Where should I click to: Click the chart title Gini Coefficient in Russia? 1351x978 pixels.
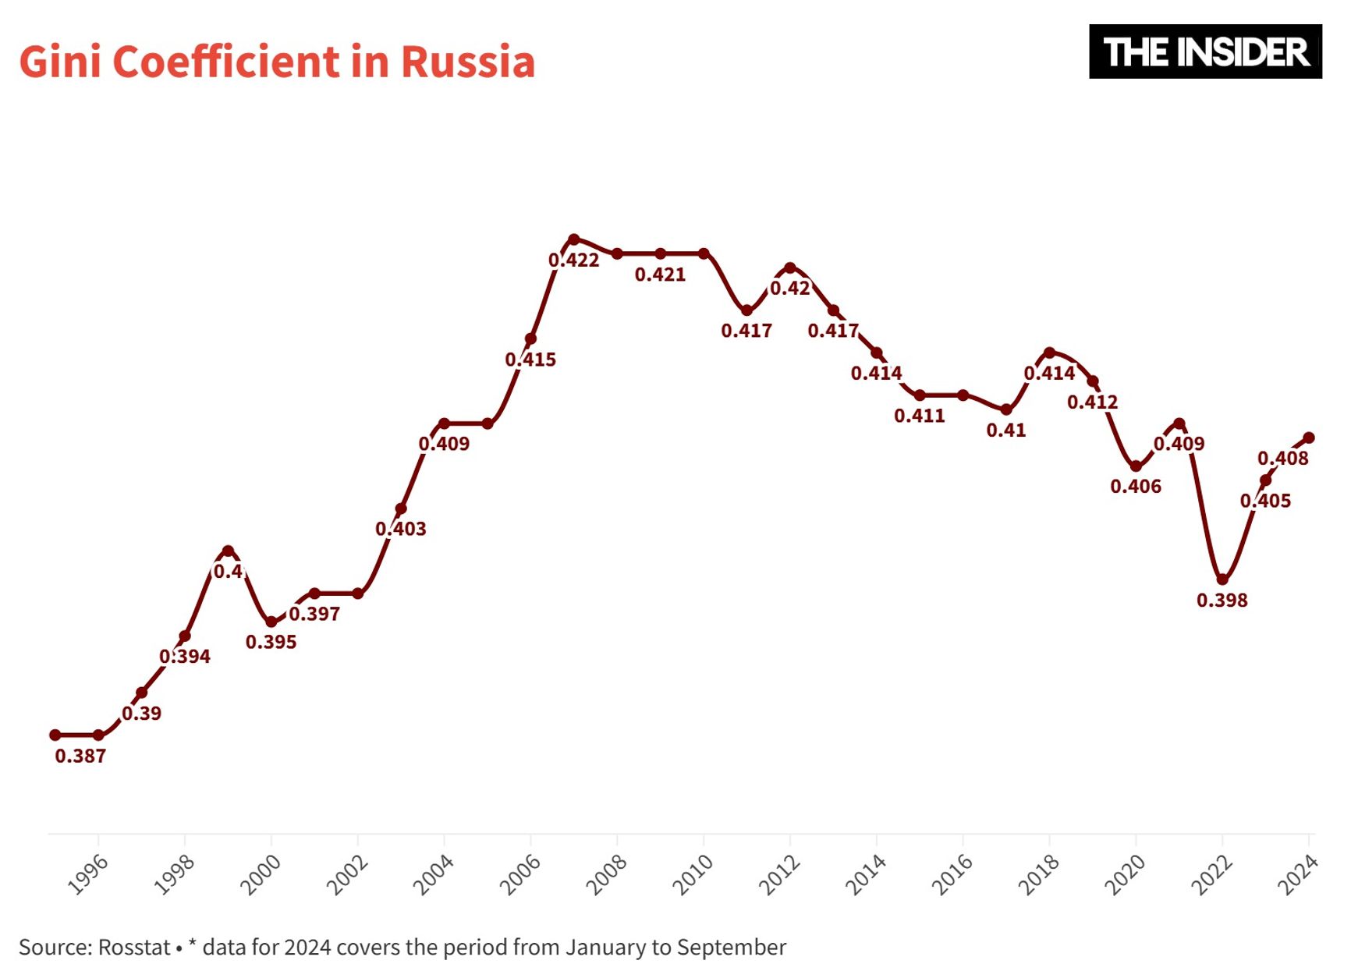pos(277,62)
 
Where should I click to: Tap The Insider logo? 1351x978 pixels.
pos(1204,51)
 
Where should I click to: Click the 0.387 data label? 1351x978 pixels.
pos(80,756)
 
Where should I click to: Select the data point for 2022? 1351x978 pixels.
pos(1222,579)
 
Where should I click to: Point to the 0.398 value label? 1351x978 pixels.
pos(1222,601)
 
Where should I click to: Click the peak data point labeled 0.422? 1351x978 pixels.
pos(574,239)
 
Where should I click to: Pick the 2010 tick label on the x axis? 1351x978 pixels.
pos(693,874)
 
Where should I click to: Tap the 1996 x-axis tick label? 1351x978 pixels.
pos(88,874)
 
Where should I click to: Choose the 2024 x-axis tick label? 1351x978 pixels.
pos(1298,874)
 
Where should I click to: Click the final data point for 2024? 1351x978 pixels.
pos(1309,438)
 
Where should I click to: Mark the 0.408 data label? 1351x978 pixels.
pos(1282,459)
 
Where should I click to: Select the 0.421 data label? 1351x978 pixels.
pos(660,275)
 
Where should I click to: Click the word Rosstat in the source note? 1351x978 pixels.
pos(133,948)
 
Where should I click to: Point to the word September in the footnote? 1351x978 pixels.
pos(731,948)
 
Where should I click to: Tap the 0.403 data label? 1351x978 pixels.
pos(401,530)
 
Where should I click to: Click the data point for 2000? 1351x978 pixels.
pos(271,622)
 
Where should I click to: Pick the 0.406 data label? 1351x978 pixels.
pos(1136,487)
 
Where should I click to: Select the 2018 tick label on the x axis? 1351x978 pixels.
pos(1039,874)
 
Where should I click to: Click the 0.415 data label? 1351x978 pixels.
pos(530,360)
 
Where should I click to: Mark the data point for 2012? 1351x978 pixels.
pos(790,268)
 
